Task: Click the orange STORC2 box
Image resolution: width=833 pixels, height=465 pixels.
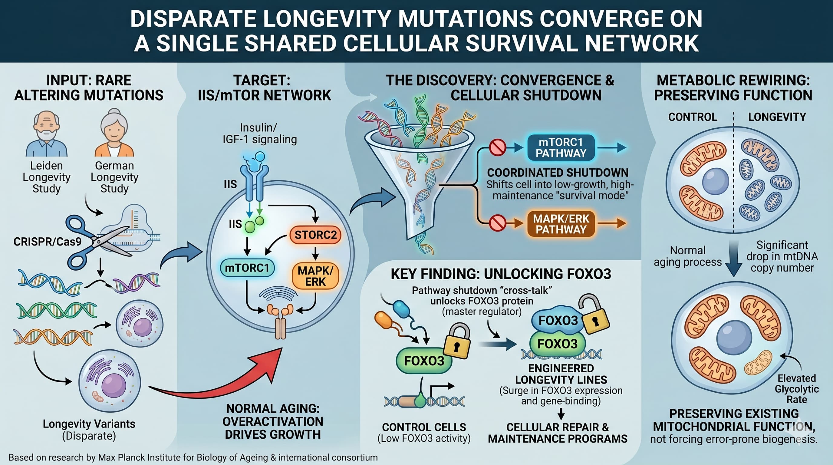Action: click(x=315, y=235)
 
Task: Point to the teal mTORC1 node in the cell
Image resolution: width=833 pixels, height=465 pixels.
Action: click(x=247, y=268)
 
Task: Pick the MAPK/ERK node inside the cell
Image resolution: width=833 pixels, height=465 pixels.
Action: click(x=315, y=276)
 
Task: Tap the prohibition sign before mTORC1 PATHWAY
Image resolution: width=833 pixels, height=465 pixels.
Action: click(x=497, y=147)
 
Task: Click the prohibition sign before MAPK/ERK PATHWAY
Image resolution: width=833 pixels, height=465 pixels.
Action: click(x=497, y=223)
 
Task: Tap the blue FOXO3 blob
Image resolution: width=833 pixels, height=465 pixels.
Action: click(x=558, y=320)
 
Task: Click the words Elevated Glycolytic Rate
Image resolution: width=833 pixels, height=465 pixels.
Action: click(x=797, y=389)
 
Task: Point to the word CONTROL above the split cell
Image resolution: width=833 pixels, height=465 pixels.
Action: click(x=693, y=117)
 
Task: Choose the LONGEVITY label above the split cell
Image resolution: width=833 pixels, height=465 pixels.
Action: click(x=777, y=117)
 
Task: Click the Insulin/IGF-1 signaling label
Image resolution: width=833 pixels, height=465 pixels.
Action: click(x=260, y=134)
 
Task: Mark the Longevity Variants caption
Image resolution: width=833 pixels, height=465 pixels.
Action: click(x=89, y=430)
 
